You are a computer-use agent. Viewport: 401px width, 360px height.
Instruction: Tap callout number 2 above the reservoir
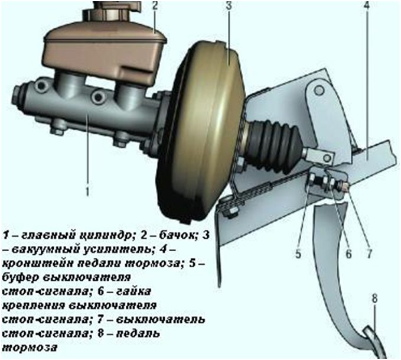click(x=155, y=6)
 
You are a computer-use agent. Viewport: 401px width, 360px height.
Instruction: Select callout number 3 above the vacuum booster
click(x=229, y=6)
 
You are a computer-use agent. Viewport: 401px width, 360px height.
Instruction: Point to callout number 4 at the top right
click(x=367, y=6)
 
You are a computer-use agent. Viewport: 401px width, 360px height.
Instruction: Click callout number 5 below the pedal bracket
click(x=298, y=254)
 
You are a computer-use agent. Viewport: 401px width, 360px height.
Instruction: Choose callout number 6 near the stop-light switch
click(x=349, y=254)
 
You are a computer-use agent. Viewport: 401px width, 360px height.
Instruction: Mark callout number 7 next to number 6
click(x=369, y=254)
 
